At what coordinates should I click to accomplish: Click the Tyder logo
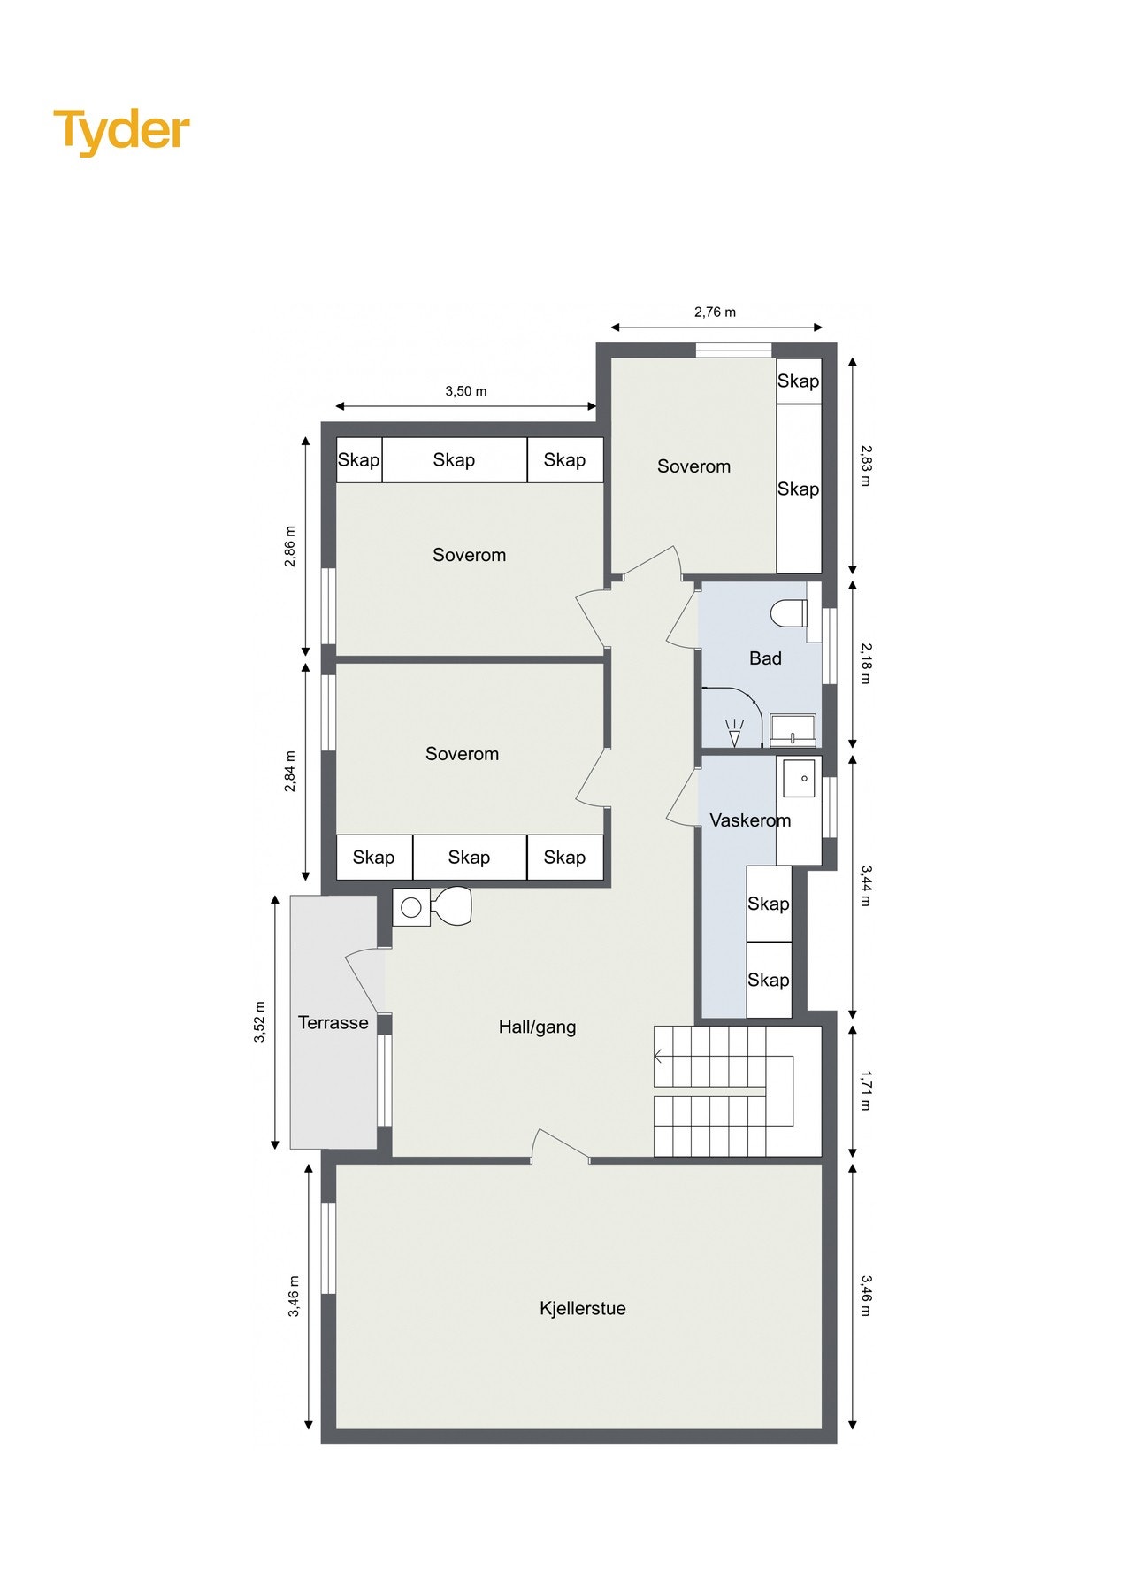(x=121, y=131)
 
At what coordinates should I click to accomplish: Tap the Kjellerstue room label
(x=582, y=1308)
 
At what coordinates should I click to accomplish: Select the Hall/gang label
(x=537, y=1027)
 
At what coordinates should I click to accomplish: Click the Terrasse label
(x=333, y=1022)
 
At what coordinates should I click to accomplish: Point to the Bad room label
(x=765, y=658)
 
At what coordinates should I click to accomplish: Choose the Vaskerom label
(x=749, y=820)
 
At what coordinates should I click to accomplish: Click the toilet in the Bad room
(x=789, y=612)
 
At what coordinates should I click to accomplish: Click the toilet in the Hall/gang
(x=453, y=906)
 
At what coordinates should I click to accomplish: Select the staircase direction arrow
(x=659, y=1056)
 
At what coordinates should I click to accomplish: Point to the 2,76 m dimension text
(x=715, y=312)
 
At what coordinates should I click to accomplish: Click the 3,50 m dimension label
(x=465, y=390)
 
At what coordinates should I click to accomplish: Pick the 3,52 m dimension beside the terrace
(x=260, y=1022)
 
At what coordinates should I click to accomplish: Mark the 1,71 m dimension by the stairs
(x=866, y=1090)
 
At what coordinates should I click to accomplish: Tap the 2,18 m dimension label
(x=866, y=663)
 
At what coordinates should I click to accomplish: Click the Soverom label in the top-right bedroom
(x=693, y=466)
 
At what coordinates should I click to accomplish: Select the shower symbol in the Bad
(x=734, y=732)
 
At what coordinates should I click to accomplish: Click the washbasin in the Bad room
(x=793, y=729)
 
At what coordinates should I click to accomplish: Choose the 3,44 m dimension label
(x=866, y=886)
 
